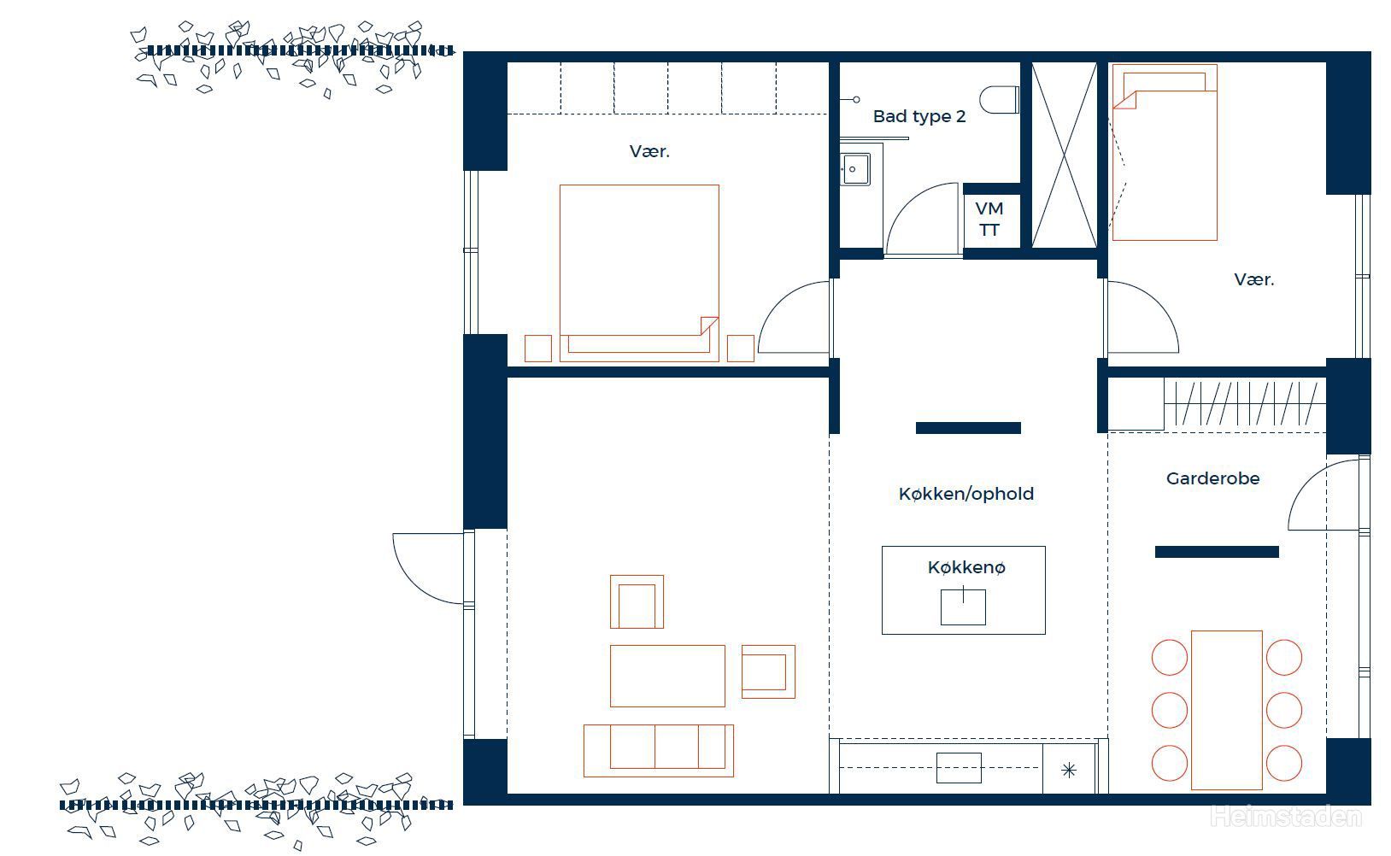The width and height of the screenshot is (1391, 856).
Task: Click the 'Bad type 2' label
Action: click(x=919, y=117)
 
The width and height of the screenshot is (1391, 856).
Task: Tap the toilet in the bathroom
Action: click(x=999, y=99)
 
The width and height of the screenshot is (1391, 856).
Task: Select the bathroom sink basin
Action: click(x=855, y=169)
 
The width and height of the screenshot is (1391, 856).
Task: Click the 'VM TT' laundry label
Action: click(x=989, y=219)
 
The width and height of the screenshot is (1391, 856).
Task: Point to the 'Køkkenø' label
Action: click(x=966, y=567)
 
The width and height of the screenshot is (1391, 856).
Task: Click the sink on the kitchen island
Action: click(x=963, y=607)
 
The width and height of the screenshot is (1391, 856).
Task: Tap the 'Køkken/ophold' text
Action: click(x=966, y=494)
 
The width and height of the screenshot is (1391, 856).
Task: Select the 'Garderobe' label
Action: click(x=1212, y=478)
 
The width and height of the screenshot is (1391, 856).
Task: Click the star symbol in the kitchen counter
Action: click(x=1069, y=771)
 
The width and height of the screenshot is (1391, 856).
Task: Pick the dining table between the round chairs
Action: click(x=1227, y=710)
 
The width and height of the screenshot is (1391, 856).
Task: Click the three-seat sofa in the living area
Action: click(x=658, y=750)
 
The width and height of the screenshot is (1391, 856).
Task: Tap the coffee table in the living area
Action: click(x=667, y=676)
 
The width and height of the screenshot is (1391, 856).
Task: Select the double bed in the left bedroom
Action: click(x=640, y=273)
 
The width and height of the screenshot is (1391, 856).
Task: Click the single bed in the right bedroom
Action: click(x=1165, y=152)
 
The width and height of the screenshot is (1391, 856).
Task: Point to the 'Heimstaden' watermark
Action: click(x=1286, y=817)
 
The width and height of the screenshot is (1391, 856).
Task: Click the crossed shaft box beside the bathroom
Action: click(x=1065, y=155)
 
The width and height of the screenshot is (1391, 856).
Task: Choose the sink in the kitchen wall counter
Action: click(x=959, y=768)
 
